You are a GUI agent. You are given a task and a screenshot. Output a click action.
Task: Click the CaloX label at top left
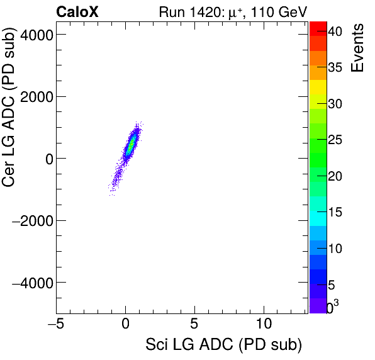[x=77, y=11]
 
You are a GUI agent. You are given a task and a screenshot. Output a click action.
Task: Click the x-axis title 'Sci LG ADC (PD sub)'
[x=223, y=345]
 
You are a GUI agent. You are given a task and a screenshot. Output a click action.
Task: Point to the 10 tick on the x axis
[x=265, y=326]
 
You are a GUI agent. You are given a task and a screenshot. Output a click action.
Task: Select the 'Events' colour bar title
[x=358, y=47]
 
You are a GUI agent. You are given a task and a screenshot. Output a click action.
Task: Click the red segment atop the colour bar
[x=318, y=28]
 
